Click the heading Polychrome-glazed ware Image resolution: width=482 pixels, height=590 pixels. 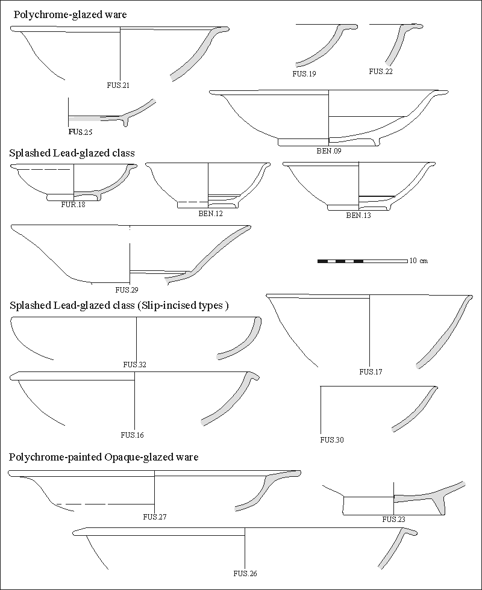point(70,14)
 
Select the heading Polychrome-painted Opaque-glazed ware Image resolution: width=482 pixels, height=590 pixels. point(104,458)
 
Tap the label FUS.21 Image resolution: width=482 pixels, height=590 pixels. point(118,85)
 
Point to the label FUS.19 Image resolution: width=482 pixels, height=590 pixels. point(304,73)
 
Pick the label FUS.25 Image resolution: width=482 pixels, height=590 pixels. point(80,131)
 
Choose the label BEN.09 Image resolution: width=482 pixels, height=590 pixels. point(329,151)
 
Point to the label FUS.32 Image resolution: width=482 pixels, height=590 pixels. point(134,364)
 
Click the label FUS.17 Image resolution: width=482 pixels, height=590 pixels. point(371,371)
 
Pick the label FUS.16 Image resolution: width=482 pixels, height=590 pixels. point(132,435)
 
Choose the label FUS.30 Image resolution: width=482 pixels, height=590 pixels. point(332,440)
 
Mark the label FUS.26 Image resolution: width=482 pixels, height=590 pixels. point(245,573)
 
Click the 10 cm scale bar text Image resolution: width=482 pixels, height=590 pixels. point(419,261)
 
